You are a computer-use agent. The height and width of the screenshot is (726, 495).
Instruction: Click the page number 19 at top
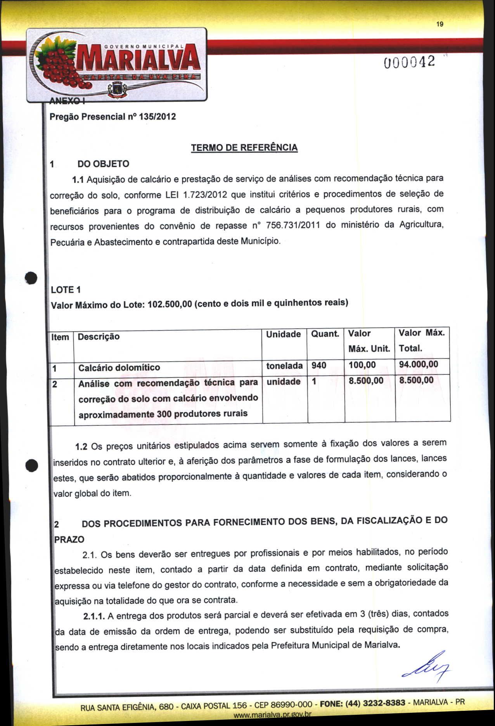click(440, 24)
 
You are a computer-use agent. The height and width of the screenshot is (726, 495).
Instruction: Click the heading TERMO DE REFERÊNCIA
click(244, 148)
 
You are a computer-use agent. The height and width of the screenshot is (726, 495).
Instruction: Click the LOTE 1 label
click(66, 290)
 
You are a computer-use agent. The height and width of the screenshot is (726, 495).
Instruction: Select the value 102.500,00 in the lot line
click(170, 304)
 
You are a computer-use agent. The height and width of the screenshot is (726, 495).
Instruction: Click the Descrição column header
click(99, 337)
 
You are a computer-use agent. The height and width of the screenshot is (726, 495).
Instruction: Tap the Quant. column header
click(325, 334)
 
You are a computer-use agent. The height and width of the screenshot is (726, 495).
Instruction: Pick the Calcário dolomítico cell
click(119, 368)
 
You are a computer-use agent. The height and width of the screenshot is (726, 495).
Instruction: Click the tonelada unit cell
click(284, 366)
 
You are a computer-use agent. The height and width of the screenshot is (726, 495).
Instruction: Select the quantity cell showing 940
click(319, 366)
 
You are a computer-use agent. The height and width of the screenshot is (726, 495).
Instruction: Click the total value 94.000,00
click(418, 364)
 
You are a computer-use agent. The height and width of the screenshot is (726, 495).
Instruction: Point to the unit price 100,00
click(362, 365)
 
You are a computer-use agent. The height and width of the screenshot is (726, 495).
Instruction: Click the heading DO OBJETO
click(103, 164)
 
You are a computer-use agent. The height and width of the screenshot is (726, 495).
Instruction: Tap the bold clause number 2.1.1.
click(94, 616)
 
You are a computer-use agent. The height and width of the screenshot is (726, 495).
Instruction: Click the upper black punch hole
click(31, 278)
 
